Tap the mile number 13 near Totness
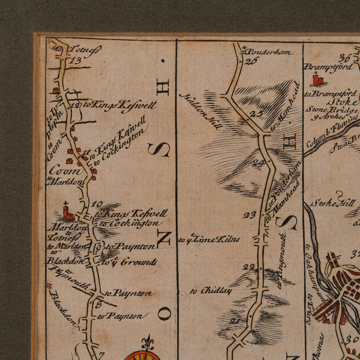pyautogui.click(x=75, y=60)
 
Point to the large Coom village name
pyautogui.click(x=61, y=169)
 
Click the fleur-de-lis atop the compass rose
pyautogui.click(x=148, y=343)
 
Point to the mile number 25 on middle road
pyautogui.click(x=257, y=114)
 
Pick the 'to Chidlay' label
pyautogui.click(x=211, y=290)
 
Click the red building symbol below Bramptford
pyautogui.click(x=317, y=79)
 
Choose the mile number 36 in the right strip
pyautogui.click(x=344, y=58)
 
